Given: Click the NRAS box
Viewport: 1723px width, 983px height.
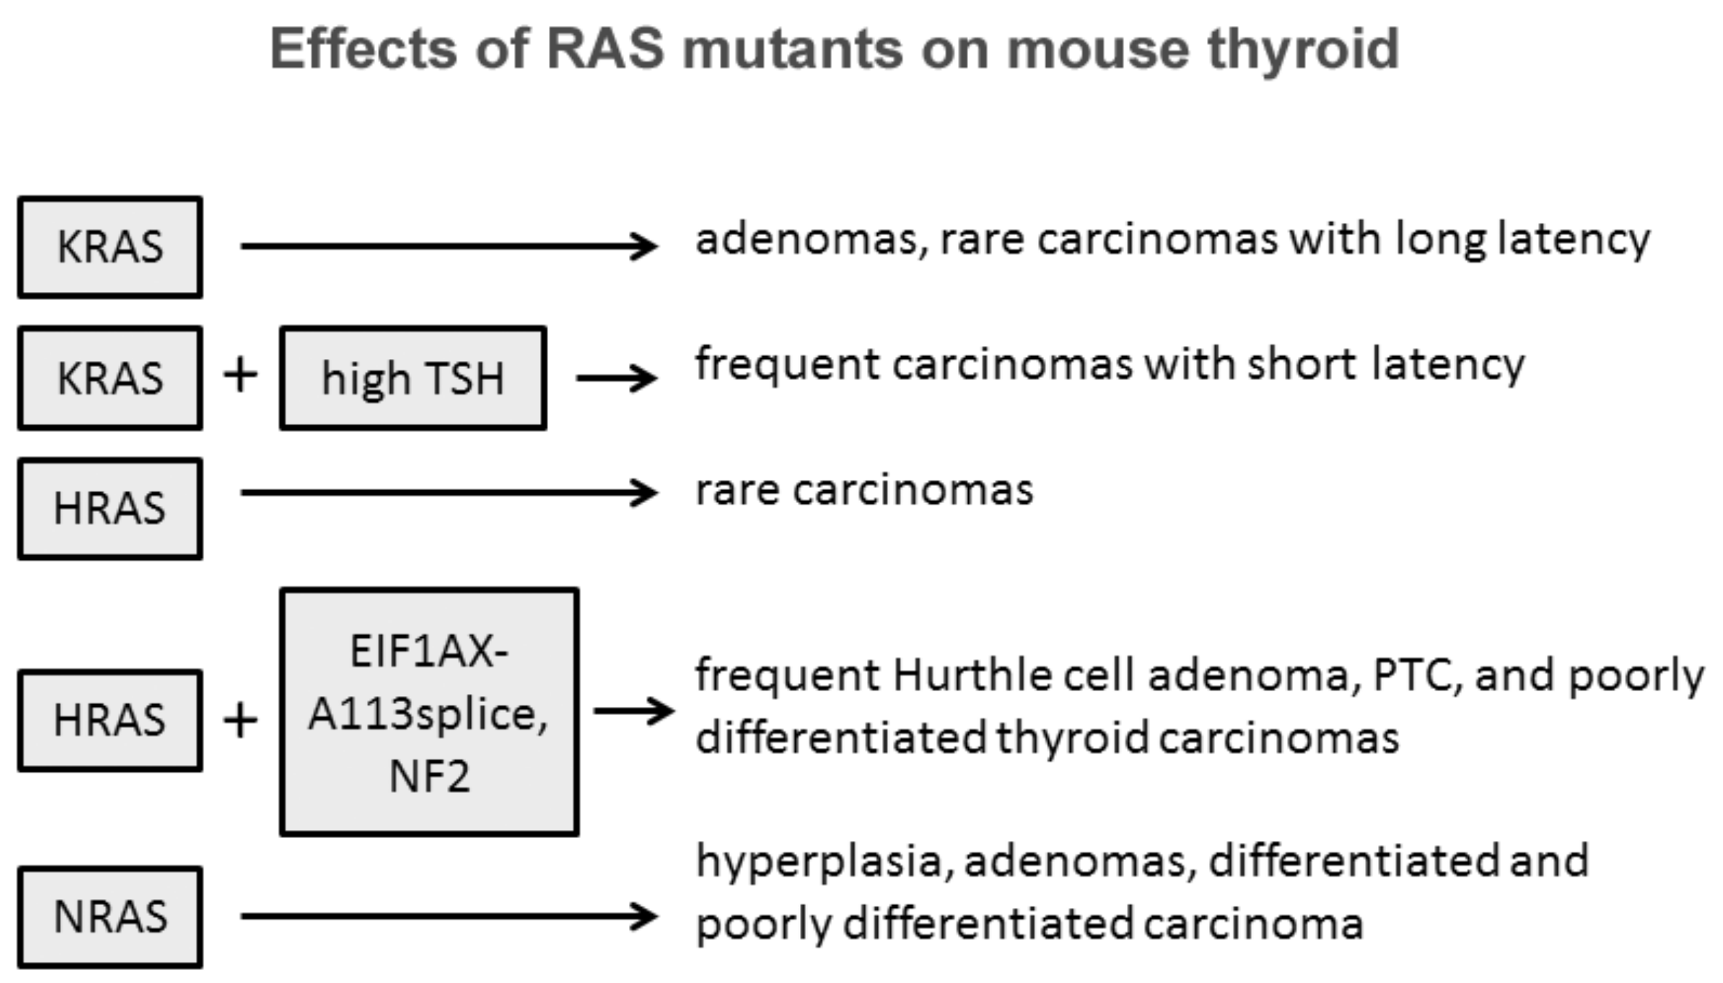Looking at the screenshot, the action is tap(110, 917).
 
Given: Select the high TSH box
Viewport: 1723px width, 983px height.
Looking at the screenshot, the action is tap(413, 378).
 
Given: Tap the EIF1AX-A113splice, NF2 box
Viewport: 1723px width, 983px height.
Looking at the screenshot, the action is tap(429, 712).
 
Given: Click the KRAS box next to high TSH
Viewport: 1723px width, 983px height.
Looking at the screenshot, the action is tap(110, 378).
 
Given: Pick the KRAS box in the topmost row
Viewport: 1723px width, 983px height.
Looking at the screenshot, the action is tap(110, 247).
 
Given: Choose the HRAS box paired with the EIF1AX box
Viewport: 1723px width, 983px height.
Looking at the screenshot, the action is tap(110, 720).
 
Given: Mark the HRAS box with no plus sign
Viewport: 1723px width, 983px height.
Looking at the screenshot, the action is tap(110, 508).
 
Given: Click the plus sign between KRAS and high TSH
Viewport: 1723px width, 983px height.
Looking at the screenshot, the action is tap(240, 376).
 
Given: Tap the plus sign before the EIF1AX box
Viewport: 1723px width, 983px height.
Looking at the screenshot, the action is tap(240, 720).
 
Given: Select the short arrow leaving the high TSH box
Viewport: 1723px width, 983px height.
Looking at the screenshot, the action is tap(617, 378).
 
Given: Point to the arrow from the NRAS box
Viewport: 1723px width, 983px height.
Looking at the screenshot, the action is tap(449, 916).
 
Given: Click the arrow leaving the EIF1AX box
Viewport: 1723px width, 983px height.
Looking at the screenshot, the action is tap(634, 711).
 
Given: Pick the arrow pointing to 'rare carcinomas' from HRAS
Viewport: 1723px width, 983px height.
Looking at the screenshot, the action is tap(449, 493).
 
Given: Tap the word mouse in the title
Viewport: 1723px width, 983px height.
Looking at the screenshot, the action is tap(1097, 50).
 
